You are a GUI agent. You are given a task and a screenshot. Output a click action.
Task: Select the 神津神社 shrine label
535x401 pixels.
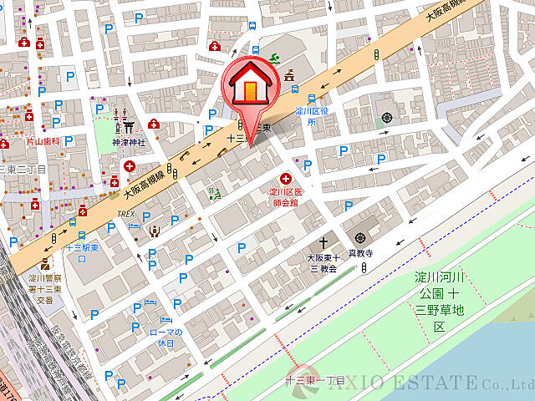coord(129,142)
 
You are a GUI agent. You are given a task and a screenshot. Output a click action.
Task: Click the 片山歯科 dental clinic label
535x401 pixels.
coord(42,142)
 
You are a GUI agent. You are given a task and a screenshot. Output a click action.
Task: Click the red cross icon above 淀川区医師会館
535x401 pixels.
coord(286,178)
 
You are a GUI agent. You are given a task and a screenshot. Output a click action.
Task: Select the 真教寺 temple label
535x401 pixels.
coord(360,252)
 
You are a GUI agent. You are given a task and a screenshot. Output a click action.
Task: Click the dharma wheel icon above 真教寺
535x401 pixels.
coord(360,238)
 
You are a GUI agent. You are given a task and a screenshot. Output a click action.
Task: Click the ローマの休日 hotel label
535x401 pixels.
coord(166,338)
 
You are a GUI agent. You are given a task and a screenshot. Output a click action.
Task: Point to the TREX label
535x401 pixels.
coord(125,214)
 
